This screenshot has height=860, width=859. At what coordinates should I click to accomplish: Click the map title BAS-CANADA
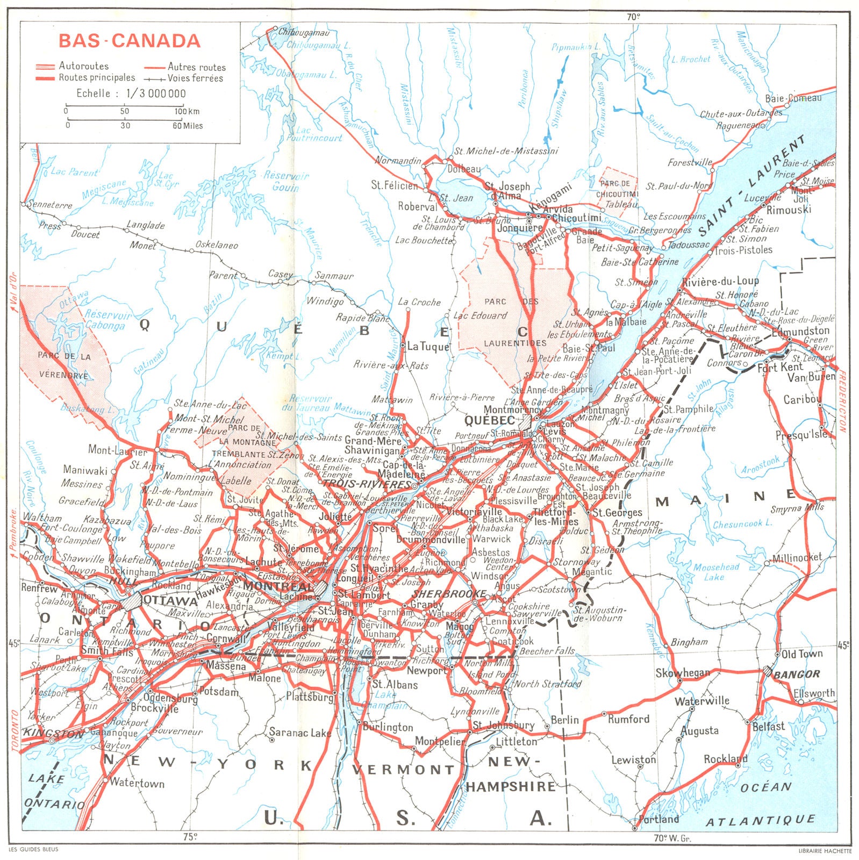[x=129, y=41]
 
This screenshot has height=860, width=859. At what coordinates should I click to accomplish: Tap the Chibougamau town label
[x=303, y=32]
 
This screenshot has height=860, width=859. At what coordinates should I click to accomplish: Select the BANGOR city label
[x=797, y=674]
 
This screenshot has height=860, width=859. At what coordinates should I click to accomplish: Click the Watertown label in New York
[x=137, y=783]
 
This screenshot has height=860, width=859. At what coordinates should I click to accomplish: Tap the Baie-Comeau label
[x=793, y=98]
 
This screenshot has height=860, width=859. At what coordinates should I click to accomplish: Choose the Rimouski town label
[x=789, y=210]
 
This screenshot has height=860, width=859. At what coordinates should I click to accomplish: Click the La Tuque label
[x=428, y=347]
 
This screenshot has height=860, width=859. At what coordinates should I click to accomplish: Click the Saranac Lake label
[x=300, y=733]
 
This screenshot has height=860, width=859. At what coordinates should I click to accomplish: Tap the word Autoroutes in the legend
[x=84, y=66]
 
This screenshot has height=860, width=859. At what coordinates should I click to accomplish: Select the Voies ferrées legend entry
[x=195, y=78]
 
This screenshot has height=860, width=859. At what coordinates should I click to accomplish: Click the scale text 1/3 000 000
[x=156, y=94]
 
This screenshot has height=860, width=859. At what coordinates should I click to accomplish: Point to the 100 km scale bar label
[x=187, y=112]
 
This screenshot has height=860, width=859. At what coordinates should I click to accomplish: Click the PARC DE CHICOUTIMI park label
[x=617, y=189]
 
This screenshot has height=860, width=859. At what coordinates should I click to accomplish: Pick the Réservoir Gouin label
[x=286, y=181]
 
